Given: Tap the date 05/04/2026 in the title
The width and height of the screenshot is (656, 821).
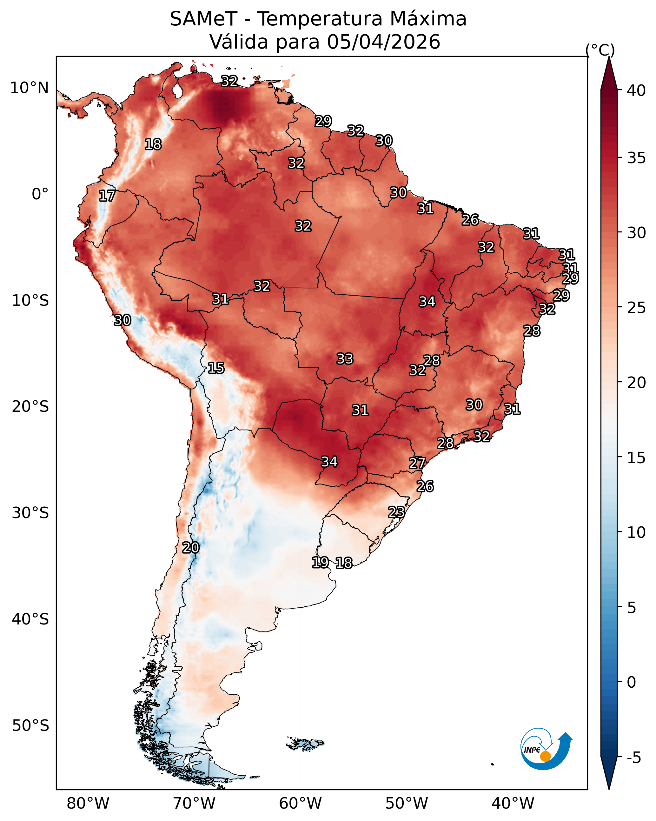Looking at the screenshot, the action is [x=383, y=42].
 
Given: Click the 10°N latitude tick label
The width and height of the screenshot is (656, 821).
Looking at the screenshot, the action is [x=29, y=88].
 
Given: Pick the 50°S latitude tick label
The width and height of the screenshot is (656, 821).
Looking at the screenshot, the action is [x=30, y=725].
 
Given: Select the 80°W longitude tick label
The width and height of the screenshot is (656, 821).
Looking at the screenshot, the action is [x=88, y=803].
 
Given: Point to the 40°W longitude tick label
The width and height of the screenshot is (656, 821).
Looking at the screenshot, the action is [x=513, y=803].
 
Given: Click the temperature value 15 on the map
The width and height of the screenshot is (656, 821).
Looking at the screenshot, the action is [x=216, y=368].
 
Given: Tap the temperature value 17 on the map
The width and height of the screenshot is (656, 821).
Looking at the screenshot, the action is [x=107, y=196].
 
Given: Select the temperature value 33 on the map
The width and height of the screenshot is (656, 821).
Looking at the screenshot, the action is [x=345, y=359].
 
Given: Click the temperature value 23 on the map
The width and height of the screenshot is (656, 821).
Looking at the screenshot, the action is [x=396, y=512].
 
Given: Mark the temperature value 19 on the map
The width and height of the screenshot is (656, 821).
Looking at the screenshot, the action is [x=320, y=562].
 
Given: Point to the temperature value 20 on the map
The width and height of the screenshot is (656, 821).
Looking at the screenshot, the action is [x=191, y=548].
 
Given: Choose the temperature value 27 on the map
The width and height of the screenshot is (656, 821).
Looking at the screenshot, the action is [x=417, y=463].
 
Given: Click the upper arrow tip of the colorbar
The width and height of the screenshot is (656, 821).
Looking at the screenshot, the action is [x=609, y=57].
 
